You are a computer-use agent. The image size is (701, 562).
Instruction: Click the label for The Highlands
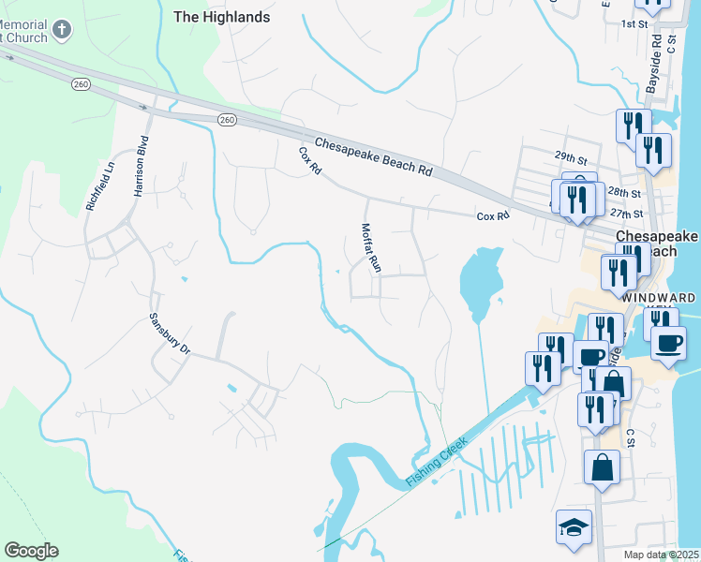[222, 17]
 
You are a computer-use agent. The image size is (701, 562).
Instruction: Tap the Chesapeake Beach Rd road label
[373, 157]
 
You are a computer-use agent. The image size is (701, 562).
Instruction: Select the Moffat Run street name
[371, 247]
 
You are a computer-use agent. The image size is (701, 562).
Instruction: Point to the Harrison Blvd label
[142, 170]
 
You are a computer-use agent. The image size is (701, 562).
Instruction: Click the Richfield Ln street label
[99, 185]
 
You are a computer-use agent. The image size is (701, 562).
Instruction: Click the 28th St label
[624, 193]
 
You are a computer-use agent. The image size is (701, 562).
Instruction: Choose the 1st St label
[634, 22]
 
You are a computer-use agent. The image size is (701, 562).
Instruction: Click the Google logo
[31, 550]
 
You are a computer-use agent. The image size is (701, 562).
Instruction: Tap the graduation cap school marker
[574, 527]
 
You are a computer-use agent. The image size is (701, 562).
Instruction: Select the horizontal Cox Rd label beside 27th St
[492, 215]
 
